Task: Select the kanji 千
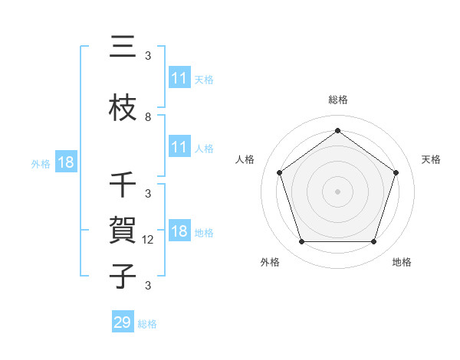click(x=123, y=185)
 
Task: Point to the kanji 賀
click(x=123, y=230)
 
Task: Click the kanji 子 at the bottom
click(x=123, y=276)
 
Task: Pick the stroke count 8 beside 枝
click(x=148, y=117)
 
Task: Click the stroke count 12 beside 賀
click(x=149, y=240)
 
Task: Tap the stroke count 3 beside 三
click(x=148, y=56)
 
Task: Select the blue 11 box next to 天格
click(x=179, y=78)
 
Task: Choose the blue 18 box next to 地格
click(x=179, y=231)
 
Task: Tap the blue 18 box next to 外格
click(x=65, y=162)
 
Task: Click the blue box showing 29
click(x=123, y=322)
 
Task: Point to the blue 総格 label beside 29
click(x=148, y=323)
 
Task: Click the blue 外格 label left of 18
click(x=41, y=163)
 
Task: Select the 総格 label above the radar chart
click(x=337, y=100)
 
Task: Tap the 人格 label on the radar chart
click(x=245, y=159)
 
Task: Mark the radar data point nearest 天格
click(x=396, y=172)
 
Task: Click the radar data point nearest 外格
click(x=301, y=242)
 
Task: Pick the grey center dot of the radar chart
click(x=337, y=191)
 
